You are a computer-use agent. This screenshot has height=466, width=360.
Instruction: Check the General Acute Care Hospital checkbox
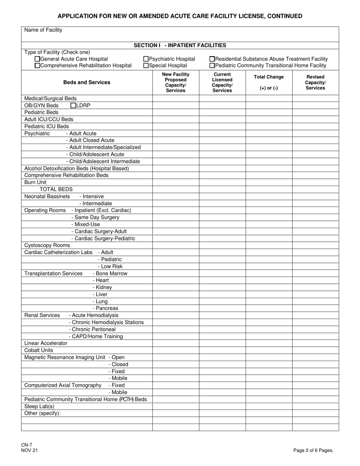[x=37, y=59]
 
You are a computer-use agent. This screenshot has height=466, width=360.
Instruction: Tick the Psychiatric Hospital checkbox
[x=146, y=59]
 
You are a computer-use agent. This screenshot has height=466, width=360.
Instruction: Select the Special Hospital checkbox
[x=146, y=66]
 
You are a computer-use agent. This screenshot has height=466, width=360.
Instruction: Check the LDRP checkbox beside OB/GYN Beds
[x=74, y=105]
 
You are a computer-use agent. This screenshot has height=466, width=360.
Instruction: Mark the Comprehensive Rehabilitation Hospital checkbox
[x=37, y=66]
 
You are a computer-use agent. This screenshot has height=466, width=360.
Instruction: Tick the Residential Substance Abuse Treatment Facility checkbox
[x=212, y=59]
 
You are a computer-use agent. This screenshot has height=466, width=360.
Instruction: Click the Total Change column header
[x=269, y=83]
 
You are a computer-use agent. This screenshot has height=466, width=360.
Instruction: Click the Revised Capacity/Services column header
[x=315, y=83]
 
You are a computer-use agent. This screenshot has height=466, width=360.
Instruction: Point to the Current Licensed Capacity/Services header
[x=222, y=83]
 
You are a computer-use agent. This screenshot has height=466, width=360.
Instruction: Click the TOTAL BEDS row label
[x=56, y=189]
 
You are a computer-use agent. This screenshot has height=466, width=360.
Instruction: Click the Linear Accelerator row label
[x=46, y=343]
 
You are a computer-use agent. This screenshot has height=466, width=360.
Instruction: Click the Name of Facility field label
[x=43, y=30]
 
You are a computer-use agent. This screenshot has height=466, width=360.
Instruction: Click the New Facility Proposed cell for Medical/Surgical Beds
[x=176, y=99]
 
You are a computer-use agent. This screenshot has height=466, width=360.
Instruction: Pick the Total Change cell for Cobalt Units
[x=269, y=350]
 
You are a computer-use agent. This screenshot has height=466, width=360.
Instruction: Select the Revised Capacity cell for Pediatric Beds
[x=315, y=113]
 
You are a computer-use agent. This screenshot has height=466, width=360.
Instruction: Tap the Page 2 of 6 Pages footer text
[x=313, y=450]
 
